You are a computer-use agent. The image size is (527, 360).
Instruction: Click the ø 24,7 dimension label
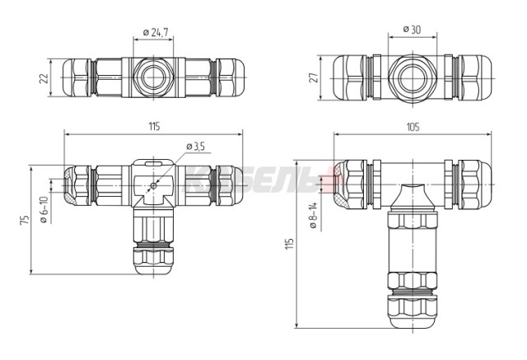coord(156,32)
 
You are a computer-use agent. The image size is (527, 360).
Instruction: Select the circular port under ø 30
coord(411,78)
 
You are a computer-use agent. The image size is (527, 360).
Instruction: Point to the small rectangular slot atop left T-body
coord(154,166)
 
